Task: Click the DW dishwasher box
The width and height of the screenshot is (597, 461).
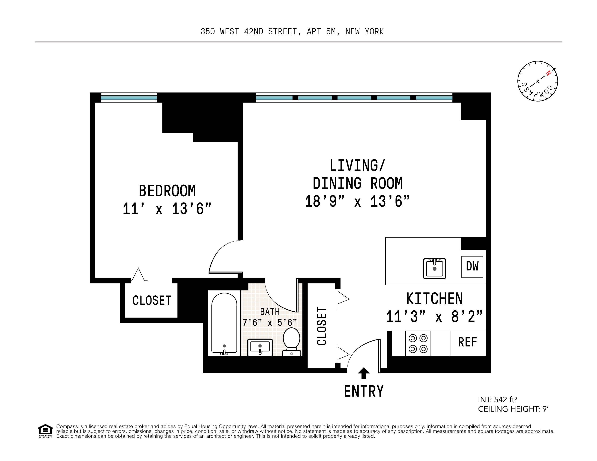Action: [472, 267]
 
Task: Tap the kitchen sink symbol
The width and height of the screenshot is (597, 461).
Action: [434, 268]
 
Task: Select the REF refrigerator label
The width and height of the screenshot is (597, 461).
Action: [467, 342]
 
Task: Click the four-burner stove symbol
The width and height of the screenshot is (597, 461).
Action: [418, 343]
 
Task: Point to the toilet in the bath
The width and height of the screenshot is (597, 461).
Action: [291, 341]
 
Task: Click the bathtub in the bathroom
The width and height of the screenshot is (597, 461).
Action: [224, 324]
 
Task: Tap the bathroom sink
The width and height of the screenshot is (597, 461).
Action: [260, 347]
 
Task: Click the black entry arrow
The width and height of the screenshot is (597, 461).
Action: [363, 373]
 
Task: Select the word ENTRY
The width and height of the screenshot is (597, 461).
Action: [363, 391]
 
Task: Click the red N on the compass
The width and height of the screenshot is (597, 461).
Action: [548, 73]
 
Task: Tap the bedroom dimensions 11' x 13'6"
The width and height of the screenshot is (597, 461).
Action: [167, 209]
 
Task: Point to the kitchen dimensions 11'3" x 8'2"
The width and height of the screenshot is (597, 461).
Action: [434, 317]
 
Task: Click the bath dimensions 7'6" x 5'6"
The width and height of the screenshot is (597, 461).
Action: [270, 323]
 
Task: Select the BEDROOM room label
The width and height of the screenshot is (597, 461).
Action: [167, 191]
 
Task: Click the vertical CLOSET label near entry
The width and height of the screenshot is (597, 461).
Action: [322, 326]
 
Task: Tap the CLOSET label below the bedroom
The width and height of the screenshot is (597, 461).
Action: [152, 301]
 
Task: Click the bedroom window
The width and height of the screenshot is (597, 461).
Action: [129, 97]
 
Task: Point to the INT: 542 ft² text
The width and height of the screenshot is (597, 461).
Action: [497, 400]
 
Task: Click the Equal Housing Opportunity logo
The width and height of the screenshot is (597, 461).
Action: [45, 431]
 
